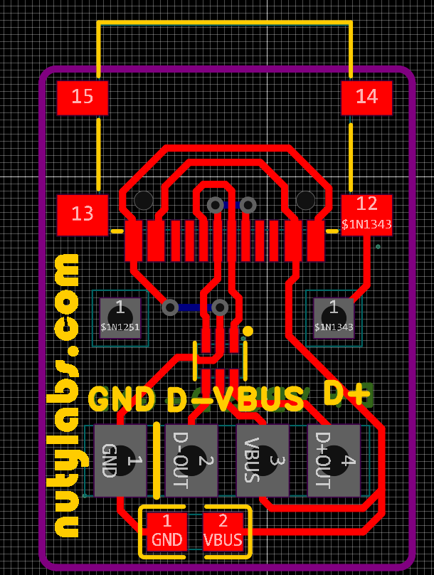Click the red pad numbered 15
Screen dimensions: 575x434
tap(83, 97)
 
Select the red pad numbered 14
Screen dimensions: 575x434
tap(366, 97)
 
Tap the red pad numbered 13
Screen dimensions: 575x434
tap(83, 214)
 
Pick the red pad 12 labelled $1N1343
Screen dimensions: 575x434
tap(366, 214)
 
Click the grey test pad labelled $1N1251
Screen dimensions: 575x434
tap(120, 317)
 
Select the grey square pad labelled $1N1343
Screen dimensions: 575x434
tap(334, 317)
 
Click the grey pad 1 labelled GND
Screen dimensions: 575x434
tap(120, 460)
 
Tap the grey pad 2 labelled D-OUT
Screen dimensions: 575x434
tap(191, 460)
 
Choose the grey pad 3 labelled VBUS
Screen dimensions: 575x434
tap(263, 460)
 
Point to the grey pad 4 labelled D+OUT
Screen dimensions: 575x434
tap(334, 460)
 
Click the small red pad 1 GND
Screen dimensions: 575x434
tap(167, 532)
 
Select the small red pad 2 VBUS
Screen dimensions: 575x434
tap(223, 532)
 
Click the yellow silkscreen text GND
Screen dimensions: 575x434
tap(122, 399)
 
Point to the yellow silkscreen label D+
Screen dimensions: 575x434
tap(346, 394)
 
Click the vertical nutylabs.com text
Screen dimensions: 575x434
tap(68, 395)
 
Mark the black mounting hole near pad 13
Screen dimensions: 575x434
tap(144, 200)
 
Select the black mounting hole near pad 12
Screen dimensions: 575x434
tap(305, 200)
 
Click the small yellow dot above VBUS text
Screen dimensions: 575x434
tap(248, 331)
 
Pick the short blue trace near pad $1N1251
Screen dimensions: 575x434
tap(194, 307)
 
